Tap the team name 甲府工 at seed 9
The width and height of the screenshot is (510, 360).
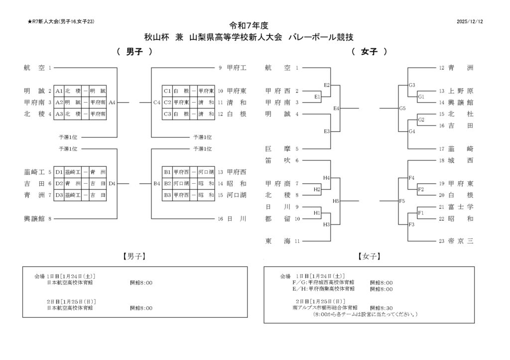pos(237,68)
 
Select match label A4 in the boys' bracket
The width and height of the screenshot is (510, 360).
pos(112,103)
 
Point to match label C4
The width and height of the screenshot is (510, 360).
pos(156,103)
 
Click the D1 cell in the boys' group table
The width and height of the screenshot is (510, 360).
pos(59,172)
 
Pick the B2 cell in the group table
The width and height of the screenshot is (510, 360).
pos(167,184)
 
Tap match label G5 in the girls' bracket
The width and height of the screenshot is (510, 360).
pos(402,108)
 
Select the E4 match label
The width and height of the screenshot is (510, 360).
pos(337,108)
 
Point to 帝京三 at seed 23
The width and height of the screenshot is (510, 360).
pos(461,241)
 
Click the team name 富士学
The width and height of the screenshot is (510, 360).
pos(461,207)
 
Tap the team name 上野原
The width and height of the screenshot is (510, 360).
pos(461,91)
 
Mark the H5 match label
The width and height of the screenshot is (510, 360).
pos(336,201)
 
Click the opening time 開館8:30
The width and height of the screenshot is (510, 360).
pos(382,308)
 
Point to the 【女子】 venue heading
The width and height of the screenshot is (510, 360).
pos(369,256)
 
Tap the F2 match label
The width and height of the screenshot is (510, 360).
pos(421,189)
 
